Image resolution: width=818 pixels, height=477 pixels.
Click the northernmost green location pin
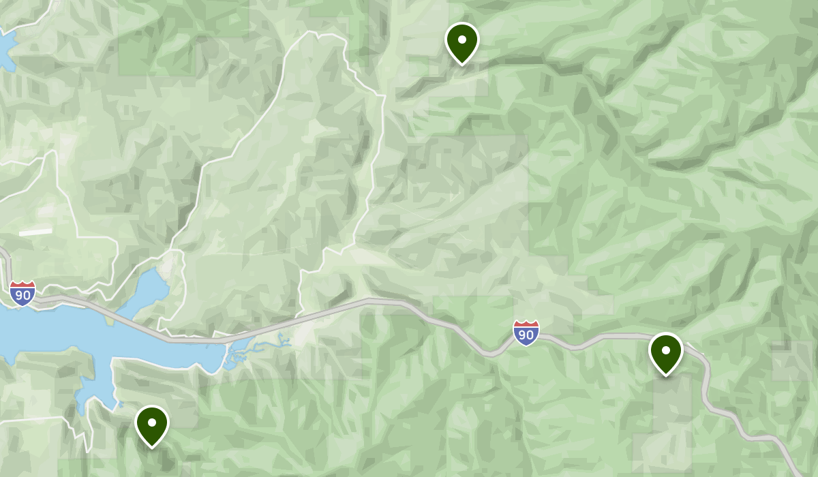coord(461,41)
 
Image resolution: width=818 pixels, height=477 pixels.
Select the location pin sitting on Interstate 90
coord(665,352)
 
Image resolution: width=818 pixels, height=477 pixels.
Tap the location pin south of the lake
coord(151,425)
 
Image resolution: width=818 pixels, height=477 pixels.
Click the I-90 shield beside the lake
coord(22,293)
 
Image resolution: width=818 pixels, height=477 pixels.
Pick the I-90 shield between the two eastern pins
coord(526,333)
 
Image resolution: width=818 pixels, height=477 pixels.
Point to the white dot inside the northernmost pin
coord(461,39)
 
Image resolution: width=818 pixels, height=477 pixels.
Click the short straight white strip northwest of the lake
coord(35,232)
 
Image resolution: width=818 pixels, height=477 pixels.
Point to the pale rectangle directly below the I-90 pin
coord(671,402)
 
